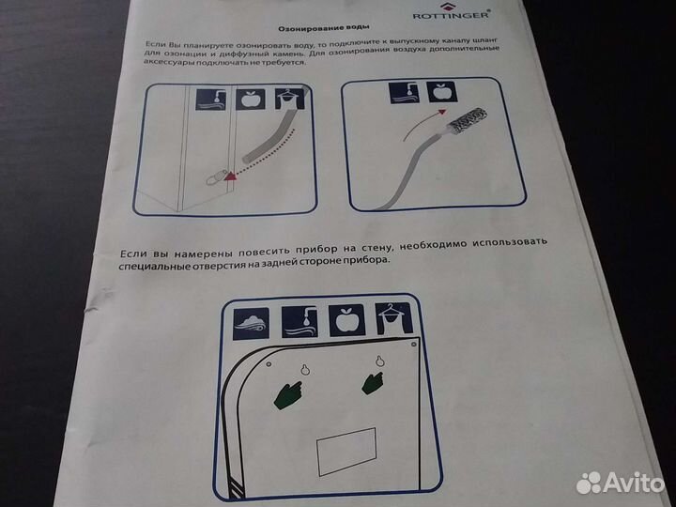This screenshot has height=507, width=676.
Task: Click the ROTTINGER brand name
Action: click(451, 16)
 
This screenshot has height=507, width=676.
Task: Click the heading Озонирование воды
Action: click(324, 28)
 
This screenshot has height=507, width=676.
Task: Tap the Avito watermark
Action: click(620, 483)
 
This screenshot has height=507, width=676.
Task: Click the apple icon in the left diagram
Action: click(251, 100)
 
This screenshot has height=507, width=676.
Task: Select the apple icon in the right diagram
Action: click(441, 92)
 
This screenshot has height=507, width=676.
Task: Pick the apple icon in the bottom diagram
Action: click(346, 320)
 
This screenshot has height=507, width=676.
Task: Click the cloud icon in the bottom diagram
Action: click(252, 323)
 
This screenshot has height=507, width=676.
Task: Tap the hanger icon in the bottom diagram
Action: click(393, 318)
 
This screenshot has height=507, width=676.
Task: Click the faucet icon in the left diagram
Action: click(211, 100)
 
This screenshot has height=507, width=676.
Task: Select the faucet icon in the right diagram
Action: click(404, 93)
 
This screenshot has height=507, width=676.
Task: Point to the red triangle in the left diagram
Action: click(231, 175)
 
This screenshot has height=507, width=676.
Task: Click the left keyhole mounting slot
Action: click(305, 369)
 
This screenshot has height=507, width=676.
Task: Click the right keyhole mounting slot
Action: click(379, 361)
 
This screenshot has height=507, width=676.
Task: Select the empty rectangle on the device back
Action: click(346, 452)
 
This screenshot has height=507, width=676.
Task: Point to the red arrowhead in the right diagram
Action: click(441, 112)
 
